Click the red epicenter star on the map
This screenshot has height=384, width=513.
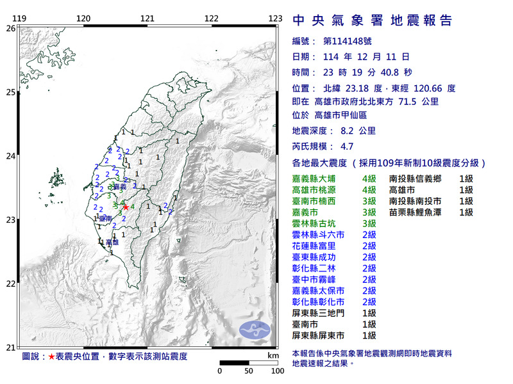[x=126, y=207]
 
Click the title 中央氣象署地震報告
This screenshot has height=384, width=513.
[x=372, y=20]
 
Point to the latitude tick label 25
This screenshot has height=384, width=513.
[x=11, y=93]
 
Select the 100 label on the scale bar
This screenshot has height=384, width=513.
[x=278, y=371]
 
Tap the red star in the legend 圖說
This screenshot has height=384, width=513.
[x=51, y=355]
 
